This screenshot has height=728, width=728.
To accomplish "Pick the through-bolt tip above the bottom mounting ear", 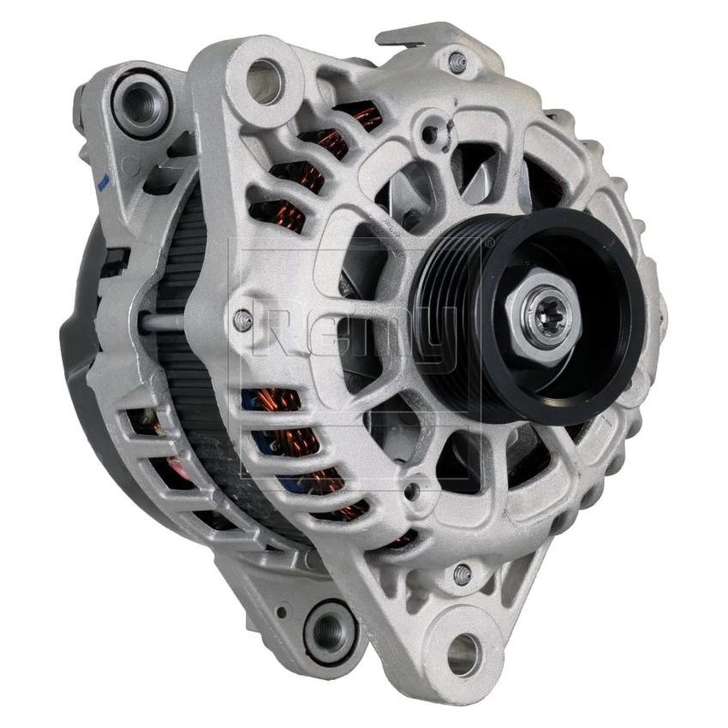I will pos(462,575).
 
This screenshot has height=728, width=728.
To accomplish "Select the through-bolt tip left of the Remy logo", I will pos(243,320).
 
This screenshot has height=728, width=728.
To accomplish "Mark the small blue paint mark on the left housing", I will pos(102,182).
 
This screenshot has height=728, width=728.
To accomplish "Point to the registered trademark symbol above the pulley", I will pos(489,243).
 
